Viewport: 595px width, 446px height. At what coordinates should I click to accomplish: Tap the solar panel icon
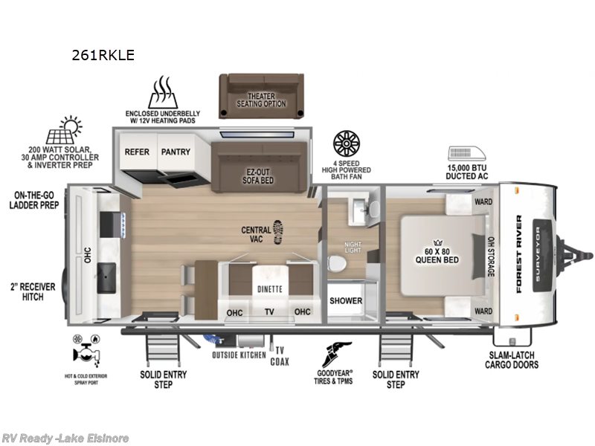pos(65,132)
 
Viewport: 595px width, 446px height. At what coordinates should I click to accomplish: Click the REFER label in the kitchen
pos(137,152)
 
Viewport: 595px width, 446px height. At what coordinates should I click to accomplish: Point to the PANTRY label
pos(176,152)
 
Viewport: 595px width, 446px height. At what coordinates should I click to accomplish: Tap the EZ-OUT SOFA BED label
pos(259,175)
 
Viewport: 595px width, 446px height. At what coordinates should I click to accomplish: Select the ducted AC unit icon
pos(466,154)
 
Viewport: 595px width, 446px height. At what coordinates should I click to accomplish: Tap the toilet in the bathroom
pos(339,265)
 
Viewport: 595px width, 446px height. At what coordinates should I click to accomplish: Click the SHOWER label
pos(346,301)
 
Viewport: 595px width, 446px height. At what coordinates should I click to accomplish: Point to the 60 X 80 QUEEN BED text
pos(437,256)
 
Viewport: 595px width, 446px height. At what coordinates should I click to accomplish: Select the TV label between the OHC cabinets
pos(268,312)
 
